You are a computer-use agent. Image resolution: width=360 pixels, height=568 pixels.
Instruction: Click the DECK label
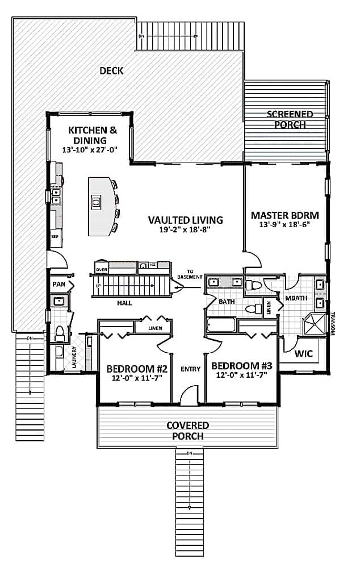tap(111, 71)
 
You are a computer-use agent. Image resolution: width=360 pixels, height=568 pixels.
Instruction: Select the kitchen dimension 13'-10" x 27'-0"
tap(93, 151)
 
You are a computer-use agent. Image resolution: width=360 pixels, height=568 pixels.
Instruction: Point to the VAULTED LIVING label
tap(185, 220)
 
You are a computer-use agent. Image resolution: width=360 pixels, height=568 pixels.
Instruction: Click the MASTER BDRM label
tap(284, 216)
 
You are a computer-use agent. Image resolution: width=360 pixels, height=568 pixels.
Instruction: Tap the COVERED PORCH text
tap(187, 431)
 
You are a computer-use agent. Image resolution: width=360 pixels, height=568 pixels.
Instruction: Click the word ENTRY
tap(190, 369)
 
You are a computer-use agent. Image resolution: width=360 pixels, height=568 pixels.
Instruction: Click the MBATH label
tap(296, 298)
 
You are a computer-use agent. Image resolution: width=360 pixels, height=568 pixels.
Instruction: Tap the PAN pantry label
tap(58, 284)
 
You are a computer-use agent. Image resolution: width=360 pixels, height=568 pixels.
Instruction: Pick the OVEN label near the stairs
tap(101, 269)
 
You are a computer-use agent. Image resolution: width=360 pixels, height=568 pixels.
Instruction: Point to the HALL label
tap(124, 303)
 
